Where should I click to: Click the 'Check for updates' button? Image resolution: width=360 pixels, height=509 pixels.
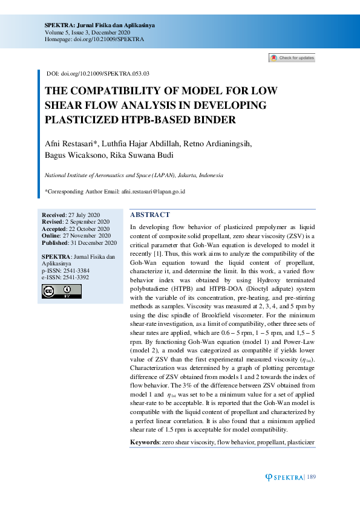(292, 58)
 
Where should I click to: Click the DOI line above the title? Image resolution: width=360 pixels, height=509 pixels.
(98, 73)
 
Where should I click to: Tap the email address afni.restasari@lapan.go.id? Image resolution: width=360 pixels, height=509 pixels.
(153, 192)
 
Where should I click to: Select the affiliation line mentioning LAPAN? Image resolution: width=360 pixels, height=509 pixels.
(134, 175)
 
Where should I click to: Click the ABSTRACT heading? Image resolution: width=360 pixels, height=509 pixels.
(151, 215)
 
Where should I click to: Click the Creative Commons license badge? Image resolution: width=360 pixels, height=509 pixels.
(61, 291)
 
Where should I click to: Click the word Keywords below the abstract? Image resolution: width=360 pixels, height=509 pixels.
(145, 443)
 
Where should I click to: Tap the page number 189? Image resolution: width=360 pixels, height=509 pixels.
(311, 478)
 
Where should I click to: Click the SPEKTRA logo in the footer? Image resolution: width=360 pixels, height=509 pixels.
(286, 478)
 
